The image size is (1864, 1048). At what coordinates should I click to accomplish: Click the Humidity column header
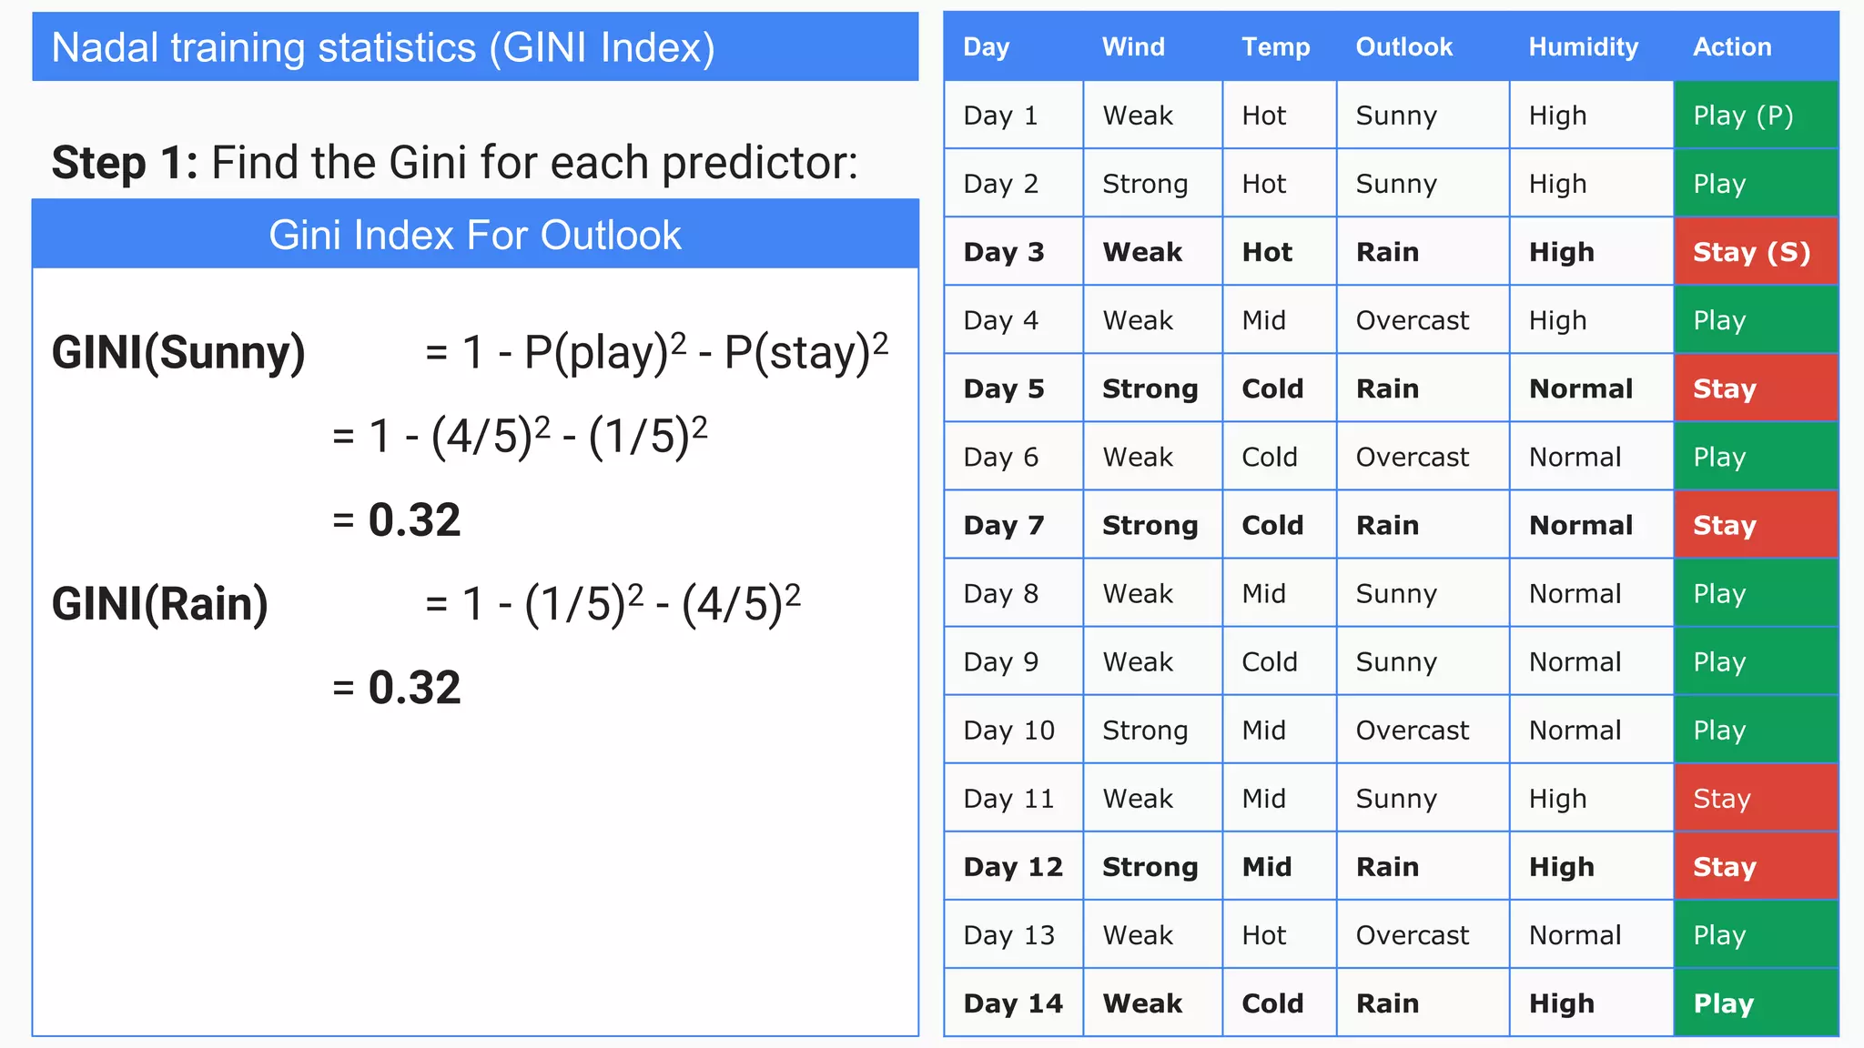(1583, 47)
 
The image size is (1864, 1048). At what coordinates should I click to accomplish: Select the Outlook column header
(1403, 47)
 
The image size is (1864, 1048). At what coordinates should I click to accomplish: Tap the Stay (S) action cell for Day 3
(1751, 252)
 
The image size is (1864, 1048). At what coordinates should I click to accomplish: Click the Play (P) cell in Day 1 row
(1742, 116)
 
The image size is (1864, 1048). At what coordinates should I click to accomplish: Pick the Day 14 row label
(1012, 1003)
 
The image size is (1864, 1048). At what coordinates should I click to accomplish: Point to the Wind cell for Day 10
(1144, 731)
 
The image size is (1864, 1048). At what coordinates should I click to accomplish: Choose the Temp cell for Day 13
(1263, 935)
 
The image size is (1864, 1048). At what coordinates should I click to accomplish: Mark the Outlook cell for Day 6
(1412, 457)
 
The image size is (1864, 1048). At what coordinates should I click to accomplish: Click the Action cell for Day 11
(1721, 799)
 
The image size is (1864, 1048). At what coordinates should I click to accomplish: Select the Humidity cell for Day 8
(1575, 594)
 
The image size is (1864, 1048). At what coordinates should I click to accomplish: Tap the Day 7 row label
(1003, 525)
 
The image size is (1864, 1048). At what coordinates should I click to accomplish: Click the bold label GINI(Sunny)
(178, 353)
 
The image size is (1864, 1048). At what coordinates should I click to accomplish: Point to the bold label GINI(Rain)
(160, 604)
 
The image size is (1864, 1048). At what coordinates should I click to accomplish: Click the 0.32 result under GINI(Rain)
(414, 688)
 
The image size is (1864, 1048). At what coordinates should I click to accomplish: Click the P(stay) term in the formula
(797, 353)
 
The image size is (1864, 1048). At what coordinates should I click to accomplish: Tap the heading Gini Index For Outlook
(474, 236)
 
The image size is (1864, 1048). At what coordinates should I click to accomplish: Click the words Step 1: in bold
(125, 163)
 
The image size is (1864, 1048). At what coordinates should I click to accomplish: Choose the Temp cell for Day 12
(1266, 867)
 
